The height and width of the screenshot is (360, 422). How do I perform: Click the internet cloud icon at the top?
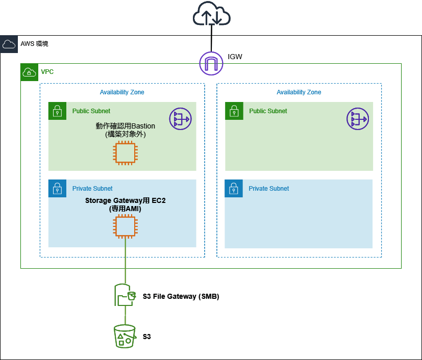211,15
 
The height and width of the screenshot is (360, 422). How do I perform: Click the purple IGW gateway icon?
211,63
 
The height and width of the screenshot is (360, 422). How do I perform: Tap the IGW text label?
235,57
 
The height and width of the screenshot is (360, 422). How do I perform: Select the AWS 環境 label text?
34,44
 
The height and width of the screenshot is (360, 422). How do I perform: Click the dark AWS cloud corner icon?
9,44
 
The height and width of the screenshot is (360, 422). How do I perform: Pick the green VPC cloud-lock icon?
29,72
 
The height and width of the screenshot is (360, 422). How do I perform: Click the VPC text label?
47,72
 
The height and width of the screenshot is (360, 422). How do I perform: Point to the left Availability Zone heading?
122,92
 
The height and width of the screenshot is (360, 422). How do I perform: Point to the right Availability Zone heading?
299,92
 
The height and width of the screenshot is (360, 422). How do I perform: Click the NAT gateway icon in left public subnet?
180,119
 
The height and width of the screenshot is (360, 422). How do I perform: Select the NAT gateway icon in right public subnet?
357,119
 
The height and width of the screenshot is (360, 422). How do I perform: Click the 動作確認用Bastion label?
125,126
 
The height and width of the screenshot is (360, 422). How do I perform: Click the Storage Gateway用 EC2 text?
125,201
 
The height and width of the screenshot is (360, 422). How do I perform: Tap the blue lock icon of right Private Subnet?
234,188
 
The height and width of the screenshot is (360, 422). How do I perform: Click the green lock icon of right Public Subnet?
234,111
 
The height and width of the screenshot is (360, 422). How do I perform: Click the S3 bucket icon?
125,336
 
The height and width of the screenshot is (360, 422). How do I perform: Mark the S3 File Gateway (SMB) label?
181,296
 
